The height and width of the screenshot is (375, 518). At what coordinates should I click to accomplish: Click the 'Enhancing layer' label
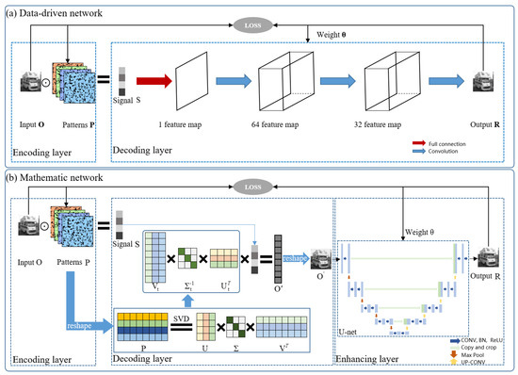point(365,361)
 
